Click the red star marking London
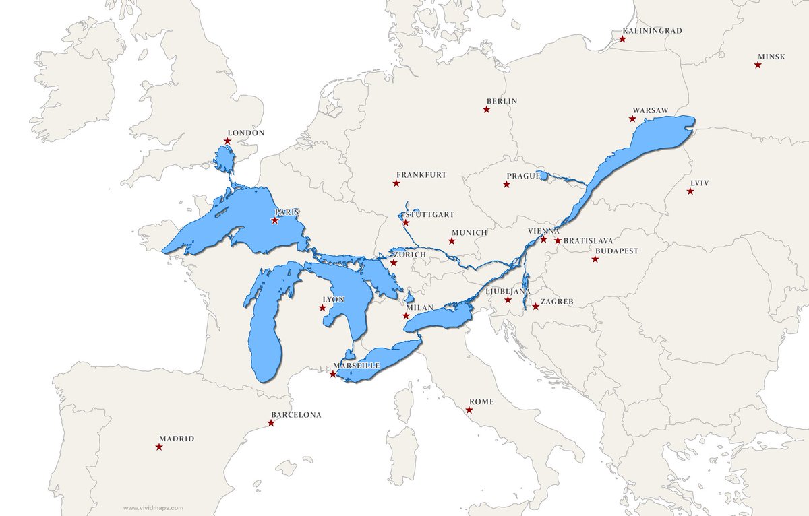[227, 141]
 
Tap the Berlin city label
[502, 101]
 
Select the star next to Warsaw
[632, 119]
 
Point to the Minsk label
[771, 57]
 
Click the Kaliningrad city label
[652, 31]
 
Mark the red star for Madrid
[159, 447]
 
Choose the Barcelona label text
[296, 415]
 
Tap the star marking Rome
[469, 410]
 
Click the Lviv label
[700, 183]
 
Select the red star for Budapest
[595, 259]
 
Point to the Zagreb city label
[557, 302]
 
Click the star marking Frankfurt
[396, 183]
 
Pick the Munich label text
[469, 232]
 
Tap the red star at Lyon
[322, 308]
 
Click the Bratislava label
[588, 240]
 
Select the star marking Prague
[506, 184]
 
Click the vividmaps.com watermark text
[153, 509]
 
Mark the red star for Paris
[275, 220]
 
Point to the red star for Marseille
[333, 374]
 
